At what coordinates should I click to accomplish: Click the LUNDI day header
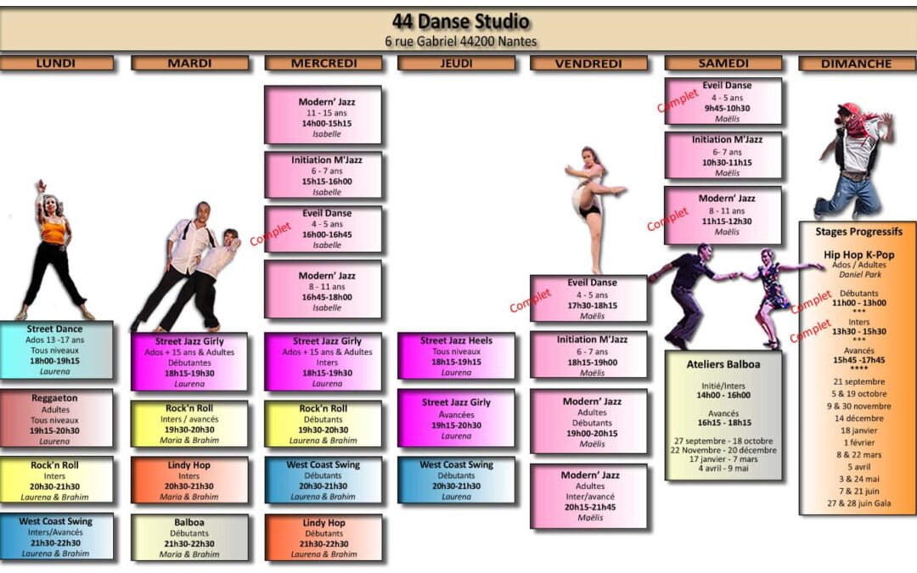click(x=56, y=64)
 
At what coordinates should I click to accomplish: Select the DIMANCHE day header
click(x=857, y=64)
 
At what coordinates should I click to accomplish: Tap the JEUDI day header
click(x=456, y=64)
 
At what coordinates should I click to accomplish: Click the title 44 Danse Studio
click(x=460, y=21)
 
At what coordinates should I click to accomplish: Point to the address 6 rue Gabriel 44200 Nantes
click(x=460, y=41)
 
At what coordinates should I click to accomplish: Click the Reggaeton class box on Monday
click(x=56, y=419)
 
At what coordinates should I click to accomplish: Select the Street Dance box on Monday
click(x=56, y=349)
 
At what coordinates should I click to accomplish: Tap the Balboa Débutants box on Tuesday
click(x=189, y=537)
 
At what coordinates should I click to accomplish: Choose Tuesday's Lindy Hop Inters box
click(x=189, y=480)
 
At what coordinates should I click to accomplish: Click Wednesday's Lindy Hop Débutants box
click(x=323, y=537)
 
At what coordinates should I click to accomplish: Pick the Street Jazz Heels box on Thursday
click(x=456, y=356)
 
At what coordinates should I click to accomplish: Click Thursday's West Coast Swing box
click(x=456, y=480)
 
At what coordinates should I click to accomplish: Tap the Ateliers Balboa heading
click(x=723, y=364)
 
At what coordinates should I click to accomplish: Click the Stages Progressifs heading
click(x=858, y=231)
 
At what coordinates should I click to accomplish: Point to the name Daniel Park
click(x=858, y=276)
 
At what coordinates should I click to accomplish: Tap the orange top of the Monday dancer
click(x=53, y=231)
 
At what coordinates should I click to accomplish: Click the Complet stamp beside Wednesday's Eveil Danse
click(x=270, y=233)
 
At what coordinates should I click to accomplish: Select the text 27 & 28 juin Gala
click(x=858, y=503)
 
